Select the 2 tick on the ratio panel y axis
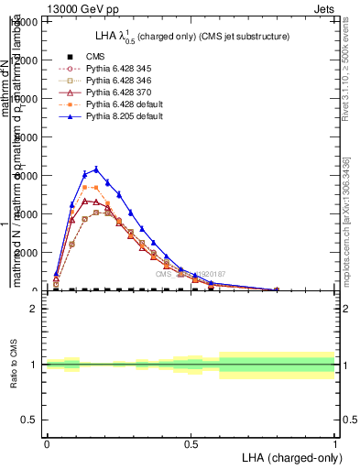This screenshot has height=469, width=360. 35,309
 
